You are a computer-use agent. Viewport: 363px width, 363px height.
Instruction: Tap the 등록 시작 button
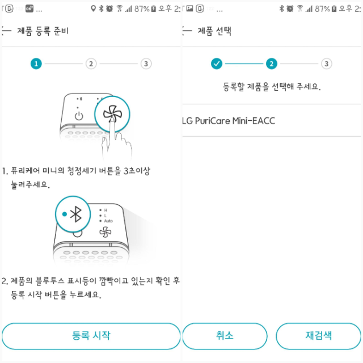[x=91, y=336]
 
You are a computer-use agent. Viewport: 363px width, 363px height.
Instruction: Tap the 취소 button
[x=225, y=336]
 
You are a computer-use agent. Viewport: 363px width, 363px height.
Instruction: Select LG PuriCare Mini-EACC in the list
[x=229, y=121]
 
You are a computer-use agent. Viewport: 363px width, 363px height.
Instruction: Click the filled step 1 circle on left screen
[x=36, y=64]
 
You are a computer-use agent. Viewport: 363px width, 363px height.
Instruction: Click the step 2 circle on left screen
[x=91, y=64]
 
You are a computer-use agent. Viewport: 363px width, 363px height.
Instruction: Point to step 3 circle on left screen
[x=146, y=64]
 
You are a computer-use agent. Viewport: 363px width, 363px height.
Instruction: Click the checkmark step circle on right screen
[x=217, y=64]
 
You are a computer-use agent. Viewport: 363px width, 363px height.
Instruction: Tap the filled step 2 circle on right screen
[x=272, y=64]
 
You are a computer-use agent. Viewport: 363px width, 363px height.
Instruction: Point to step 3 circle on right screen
[x=326, y=64]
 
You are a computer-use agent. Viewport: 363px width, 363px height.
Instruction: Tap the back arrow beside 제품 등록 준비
[x=7, y=31]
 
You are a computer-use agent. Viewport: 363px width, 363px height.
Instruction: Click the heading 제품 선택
[x=214, y=31]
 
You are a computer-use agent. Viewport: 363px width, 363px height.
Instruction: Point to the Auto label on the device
[x=108, y=221]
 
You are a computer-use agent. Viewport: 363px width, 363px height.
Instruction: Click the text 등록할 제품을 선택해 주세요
[x=272, y=87]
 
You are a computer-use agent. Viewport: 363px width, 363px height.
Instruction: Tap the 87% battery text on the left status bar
[x=141, y=9]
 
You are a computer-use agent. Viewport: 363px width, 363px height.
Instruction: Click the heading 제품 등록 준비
[x=43, y=31]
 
